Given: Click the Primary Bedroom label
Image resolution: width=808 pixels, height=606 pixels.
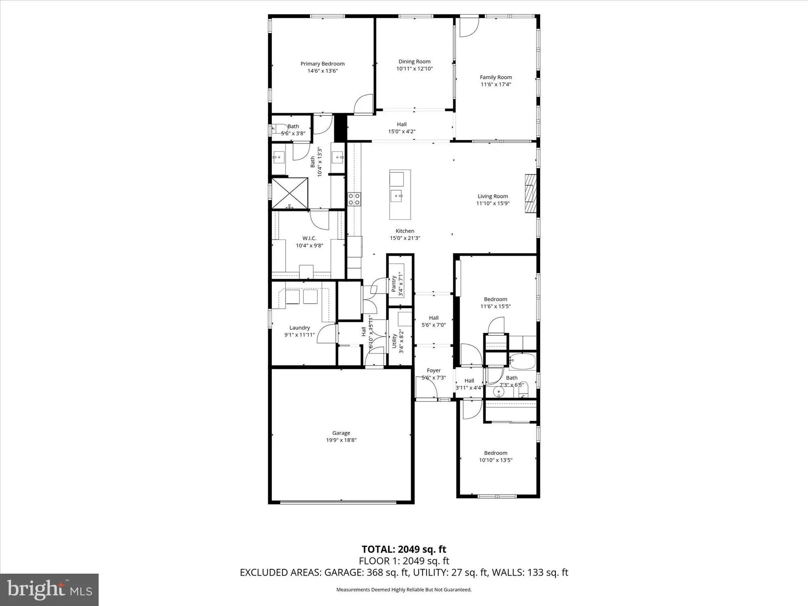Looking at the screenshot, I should (x=322, y=64).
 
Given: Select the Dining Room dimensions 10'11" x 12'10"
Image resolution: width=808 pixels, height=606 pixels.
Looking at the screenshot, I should (x=414, y=69).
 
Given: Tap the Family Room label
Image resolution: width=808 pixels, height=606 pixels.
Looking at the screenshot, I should (x=496, y=77).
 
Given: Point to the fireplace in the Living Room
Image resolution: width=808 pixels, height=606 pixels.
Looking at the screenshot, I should (x=530, y=193).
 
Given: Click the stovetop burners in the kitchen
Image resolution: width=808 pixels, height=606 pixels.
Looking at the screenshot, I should (x=354, y=199).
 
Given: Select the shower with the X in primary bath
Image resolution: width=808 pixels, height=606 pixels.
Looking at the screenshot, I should (x=289, y=193).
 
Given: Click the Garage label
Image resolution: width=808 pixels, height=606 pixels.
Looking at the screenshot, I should (x=341, y=433).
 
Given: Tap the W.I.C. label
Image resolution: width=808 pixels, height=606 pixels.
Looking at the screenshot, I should (x=309, y=238).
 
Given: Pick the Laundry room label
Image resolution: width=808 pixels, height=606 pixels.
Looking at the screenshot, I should (x=299, y=328).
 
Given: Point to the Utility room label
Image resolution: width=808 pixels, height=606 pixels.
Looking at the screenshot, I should (x=394, y=341).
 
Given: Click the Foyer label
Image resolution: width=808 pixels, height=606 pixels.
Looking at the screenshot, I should (x=433, y=370).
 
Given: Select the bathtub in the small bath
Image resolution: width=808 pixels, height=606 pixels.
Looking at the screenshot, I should (x=522, y=361).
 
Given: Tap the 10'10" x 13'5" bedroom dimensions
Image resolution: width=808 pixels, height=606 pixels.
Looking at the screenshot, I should (x=496, y=460).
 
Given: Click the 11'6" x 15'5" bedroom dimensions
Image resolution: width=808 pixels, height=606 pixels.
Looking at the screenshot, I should (x=495, y=306).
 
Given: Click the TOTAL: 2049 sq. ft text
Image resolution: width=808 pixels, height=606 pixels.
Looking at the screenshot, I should (x=404, y=549).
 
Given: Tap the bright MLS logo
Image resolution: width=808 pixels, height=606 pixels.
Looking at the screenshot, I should (x=49, y=589).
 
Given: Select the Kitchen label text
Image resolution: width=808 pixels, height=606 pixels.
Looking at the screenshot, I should (x=405, y=231).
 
